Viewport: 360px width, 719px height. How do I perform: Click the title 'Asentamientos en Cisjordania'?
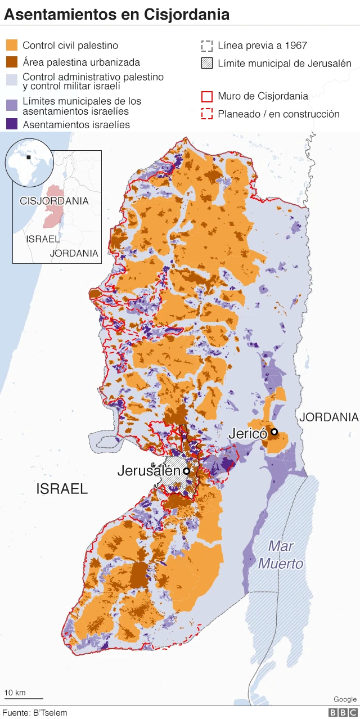pos(116,15)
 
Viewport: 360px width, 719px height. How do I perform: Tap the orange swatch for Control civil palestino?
pos(12,46)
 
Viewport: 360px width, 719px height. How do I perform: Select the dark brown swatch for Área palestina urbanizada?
pos(12,62)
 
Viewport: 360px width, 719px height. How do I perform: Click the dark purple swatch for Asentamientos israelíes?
pos(12,124)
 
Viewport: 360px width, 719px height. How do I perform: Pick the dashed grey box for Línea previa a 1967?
pos(207,46)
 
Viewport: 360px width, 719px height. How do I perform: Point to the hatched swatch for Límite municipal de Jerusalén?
pos(207,63)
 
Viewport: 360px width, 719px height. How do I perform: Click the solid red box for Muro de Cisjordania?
pos(207,96)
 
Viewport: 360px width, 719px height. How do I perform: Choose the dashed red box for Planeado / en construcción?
pos(207,114)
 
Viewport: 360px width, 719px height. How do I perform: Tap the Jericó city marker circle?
pos(274,432)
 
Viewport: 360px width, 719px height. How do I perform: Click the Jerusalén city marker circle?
pos(186,471)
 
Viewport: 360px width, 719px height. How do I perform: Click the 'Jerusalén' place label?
pos(148,471)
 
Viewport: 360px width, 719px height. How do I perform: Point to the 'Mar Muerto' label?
pos(281,554)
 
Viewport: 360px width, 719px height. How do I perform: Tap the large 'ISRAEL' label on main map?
pos(62,489)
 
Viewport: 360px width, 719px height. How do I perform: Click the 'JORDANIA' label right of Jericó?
pos(328,417)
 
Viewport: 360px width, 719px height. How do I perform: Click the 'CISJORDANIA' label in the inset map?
pos(54,201)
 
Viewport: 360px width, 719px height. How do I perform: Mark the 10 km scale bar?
pos(23,697)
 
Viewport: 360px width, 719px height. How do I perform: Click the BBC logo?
pos(342,712)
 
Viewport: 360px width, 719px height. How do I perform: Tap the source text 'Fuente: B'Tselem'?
pos(35,712)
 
